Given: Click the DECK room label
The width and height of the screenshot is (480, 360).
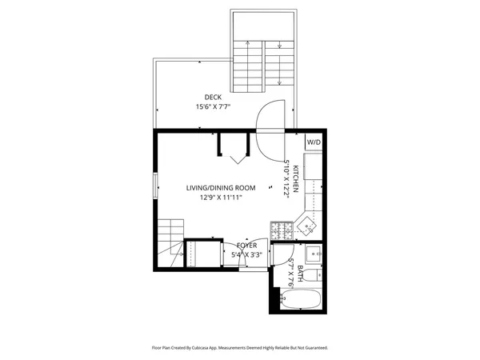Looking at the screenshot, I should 213,97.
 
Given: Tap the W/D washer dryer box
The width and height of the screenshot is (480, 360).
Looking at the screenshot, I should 314,142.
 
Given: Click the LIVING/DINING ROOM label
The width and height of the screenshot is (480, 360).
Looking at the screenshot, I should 221,188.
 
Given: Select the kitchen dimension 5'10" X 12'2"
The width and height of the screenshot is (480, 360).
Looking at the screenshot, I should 286,178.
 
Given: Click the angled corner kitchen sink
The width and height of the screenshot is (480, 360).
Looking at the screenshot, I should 306,227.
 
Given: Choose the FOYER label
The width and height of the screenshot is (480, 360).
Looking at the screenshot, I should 246,245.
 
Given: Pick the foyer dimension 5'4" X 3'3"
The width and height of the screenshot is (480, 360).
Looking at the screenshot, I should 246,254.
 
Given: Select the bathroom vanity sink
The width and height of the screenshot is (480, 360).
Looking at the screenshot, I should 314,254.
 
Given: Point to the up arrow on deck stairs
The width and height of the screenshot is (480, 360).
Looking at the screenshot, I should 249,60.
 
